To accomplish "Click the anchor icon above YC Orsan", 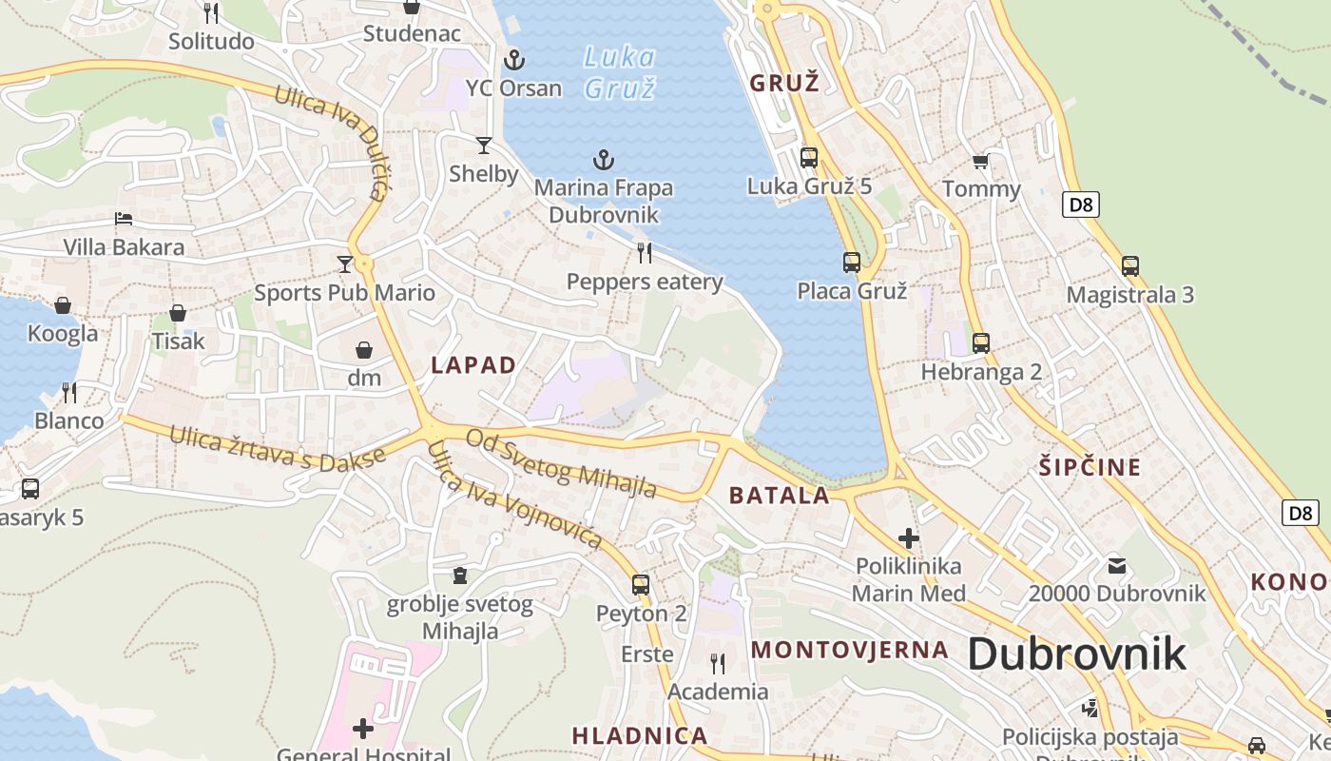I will (513, 60).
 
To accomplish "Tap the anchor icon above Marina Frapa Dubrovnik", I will (603, 160).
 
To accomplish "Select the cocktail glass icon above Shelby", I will (484, 146).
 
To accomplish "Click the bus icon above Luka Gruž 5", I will (809, 158).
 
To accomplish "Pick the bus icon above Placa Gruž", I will (852, 263).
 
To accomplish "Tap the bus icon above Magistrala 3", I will (1129, 266).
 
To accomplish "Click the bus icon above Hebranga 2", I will (981, 343).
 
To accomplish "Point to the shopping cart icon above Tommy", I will (981, 162).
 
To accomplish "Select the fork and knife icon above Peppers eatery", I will (645, 253).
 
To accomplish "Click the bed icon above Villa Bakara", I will (124, 219).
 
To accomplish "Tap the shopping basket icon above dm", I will (363, 350).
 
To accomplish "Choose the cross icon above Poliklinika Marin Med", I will (909, 538).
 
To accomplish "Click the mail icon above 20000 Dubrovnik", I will (1117, 566).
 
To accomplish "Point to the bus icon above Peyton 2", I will (641, 585).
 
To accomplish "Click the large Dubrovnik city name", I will (1077, 654).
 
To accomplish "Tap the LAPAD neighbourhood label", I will (473, 365).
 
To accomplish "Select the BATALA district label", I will (780, 496).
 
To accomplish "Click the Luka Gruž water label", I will (620, 73).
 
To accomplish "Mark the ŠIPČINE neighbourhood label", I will (1090, 467).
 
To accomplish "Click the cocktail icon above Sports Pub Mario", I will (344, 263).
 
